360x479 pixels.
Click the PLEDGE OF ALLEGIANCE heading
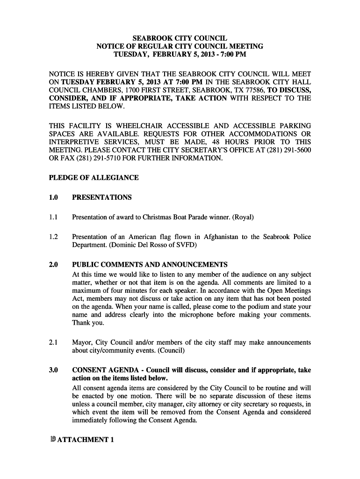pos(94,178)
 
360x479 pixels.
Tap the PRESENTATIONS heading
pos(101,197)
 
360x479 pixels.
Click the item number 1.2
pos(53,237)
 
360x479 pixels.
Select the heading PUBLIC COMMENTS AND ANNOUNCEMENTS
pos(150,265)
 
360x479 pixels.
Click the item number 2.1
pos(53,342)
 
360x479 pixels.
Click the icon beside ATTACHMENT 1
pos(53,439)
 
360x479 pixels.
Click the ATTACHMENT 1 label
pos(86,440)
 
